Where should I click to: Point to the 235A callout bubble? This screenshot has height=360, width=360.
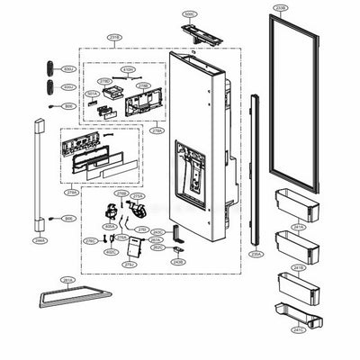pos(256,255)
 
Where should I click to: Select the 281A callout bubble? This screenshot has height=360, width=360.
pos(67,280)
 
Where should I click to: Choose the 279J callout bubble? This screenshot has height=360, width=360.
pos(130,264)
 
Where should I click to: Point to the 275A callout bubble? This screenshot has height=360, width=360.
pos(138,195)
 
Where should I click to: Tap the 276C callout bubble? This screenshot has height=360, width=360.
pos(91,241)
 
